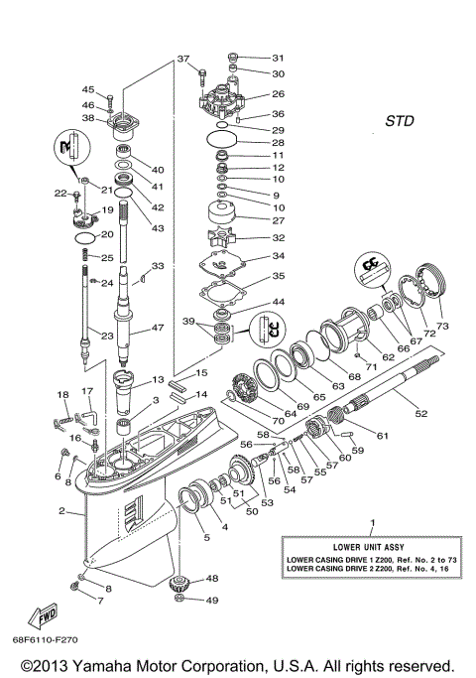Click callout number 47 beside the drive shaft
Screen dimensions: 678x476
pyautogui.click(x=158, y=327)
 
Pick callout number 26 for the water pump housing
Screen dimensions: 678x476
pyautogui.click(x=278, y=94)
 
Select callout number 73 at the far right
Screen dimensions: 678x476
pyautogui.click(x=442, y=326)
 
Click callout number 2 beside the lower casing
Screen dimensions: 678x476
pyautogui.click(x=62, y=511)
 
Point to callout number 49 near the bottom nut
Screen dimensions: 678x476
pyautogui.click(x=212, y=601)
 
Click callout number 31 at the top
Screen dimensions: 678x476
pyautogui.click(x=278, y=58)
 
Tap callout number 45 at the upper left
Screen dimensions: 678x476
pyautogui.click(x=88, y=89)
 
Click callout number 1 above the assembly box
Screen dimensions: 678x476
pyautogui.click(x=372, y=521)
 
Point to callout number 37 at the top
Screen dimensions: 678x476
pyautogui.click(x=182, y=60)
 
